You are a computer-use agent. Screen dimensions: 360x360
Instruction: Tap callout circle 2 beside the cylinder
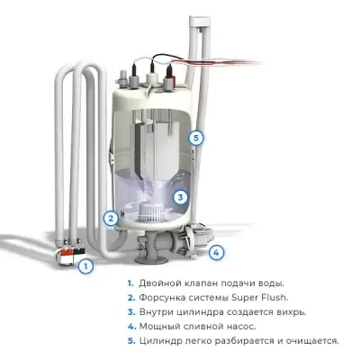pyautogui.click(x=110, y=217)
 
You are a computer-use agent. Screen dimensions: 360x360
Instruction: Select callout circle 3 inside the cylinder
pyautogui.click(x=180, y=197)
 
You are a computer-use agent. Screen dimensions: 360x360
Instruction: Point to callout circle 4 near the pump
pyautogui.click(x=216, y=252)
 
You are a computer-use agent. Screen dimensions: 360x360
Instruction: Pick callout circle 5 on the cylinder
pyautogui.click(x=195, y=138)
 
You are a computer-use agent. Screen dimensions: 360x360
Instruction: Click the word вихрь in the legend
pyautogui.click(x=286, y=311)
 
